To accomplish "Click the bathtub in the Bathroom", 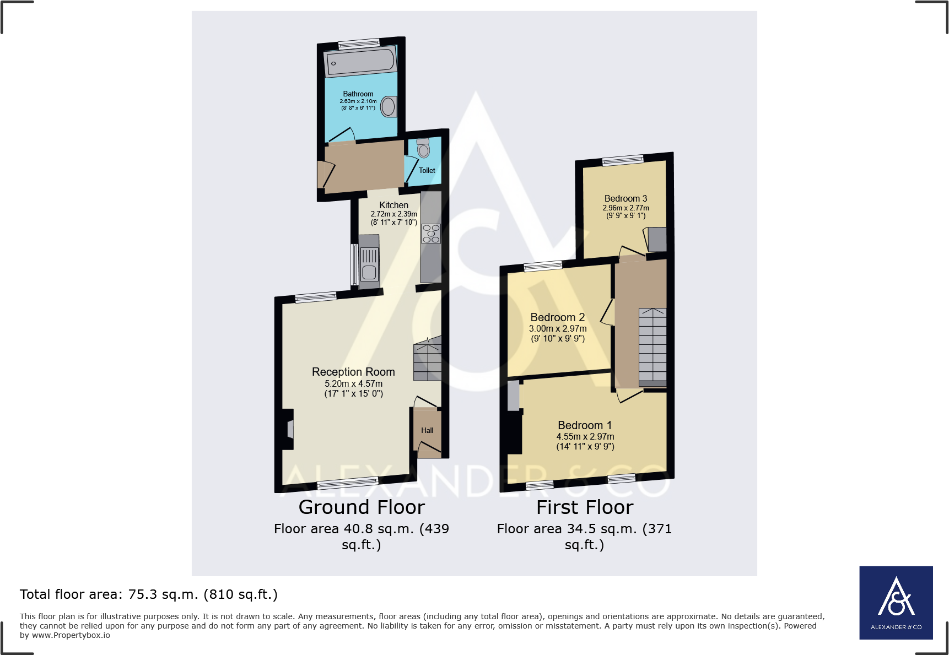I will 360,62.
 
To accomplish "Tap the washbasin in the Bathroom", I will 389,106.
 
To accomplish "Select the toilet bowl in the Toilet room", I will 423,149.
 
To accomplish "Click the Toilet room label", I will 427,171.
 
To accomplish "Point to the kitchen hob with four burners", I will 431,234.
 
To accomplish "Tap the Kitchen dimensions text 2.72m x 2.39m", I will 393,214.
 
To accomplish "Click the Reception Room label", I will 353,372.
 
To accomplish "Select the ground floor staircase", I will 428,360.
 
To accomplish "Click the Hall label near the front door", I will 427,431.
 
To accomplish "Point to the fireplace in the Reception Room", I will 290,429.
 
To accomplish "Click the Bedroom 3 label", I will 626,198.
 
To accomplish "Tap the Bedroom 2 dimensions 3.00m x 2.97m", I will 558,328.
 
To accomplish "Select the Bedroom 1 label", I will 585,425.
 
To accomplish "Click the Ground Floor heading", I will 362,507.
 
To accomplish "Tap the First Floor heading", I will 585,507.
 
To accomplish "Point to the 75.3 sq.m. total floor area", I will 163,594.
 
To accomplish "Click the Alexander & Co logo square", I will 896,603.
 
